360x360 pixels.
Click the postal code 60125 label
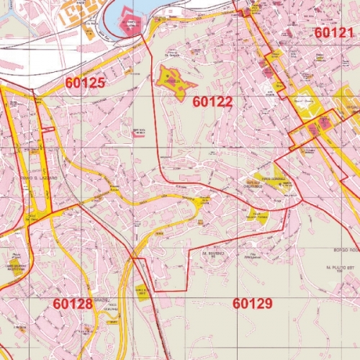point(85,83)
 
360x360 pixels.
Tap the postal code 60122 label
point(212,102)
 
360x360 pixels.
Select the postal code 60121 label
point(334,32)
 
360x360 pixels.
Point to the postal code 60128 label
point(73,304)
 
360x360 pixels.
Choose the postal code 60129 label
point(252,303)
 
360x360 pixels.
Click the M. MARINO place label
point(214,253)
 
